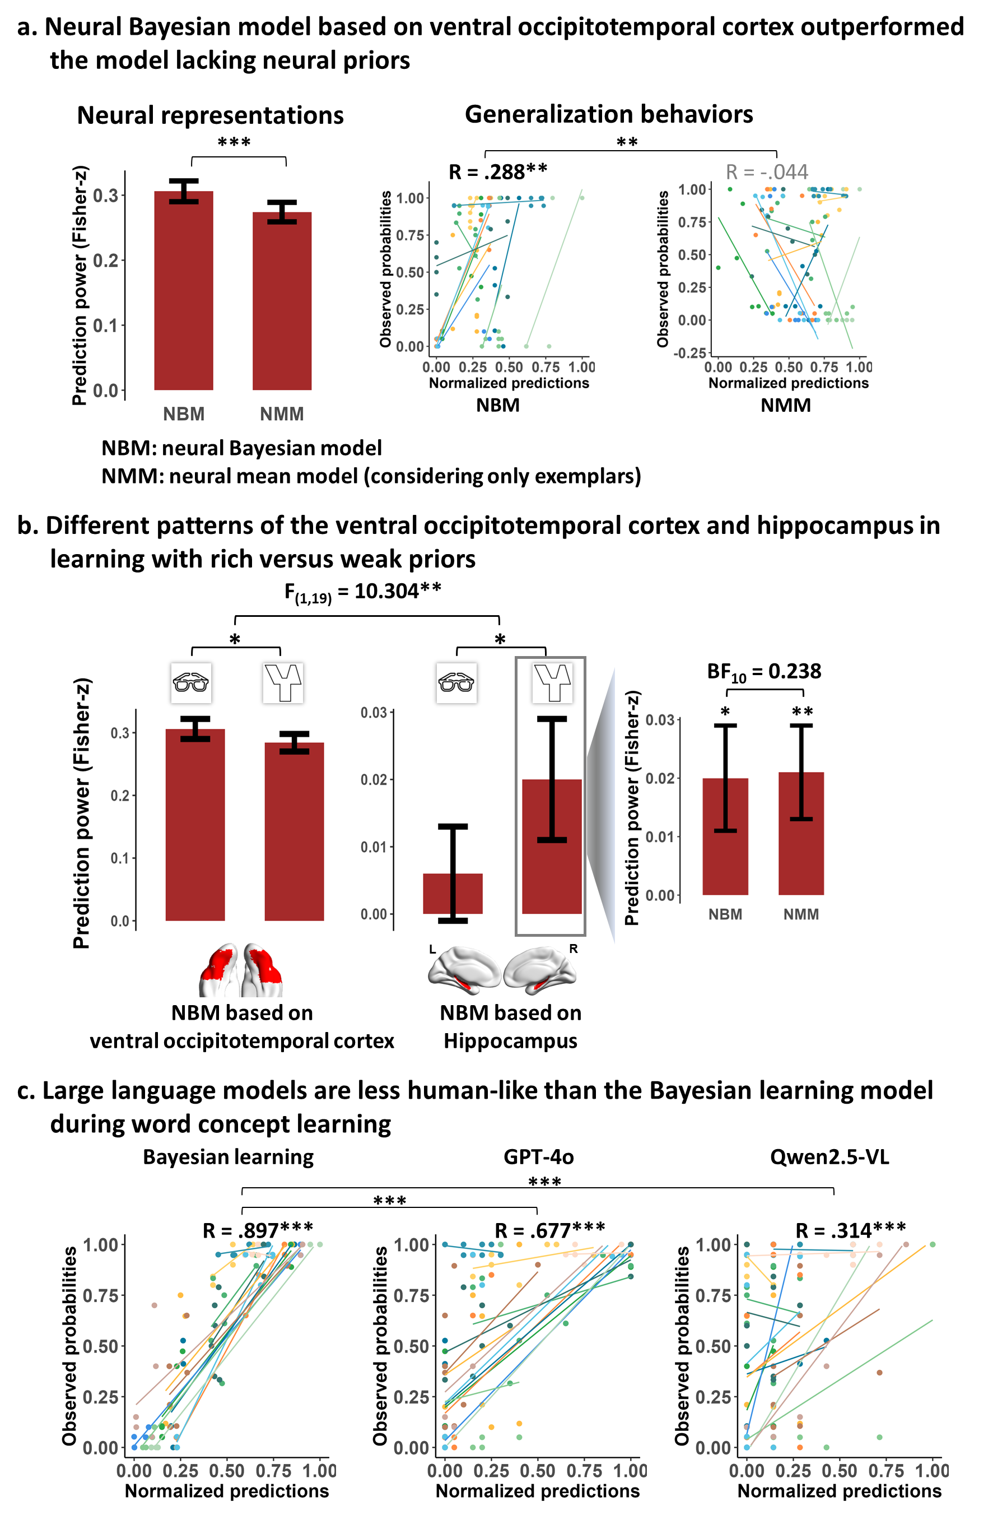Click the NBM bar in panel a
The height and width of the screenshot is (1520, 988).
tap(183, 290)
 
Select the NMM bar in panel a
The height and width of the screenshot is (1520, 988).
tap(282, 301)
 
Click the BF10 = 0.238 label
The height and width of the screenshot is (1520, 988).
tap(764, 672)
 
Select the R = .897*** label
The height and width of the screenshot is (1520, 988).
tap(258, 1230)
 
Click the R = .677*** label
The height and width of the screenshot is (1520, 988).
tap(550, 1230)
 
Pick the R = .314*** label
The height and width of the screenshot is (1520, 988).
tap(851, 1230)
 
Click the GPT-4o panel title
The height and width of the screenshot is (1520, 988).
tap(538, 1156)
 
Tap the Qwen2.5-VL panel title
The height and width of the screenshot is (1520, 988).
tap(829, 1156)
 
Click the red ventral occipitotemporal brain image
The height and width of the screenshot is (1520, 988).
tap(241, 969)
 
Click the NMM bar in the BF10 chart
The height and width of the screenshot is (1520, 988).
tap(801, 834)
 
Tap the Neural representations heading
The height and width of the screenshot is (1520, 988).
tap(210, 115)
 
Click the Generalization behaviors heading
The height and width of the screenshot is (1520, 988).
tap(609, 114)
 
